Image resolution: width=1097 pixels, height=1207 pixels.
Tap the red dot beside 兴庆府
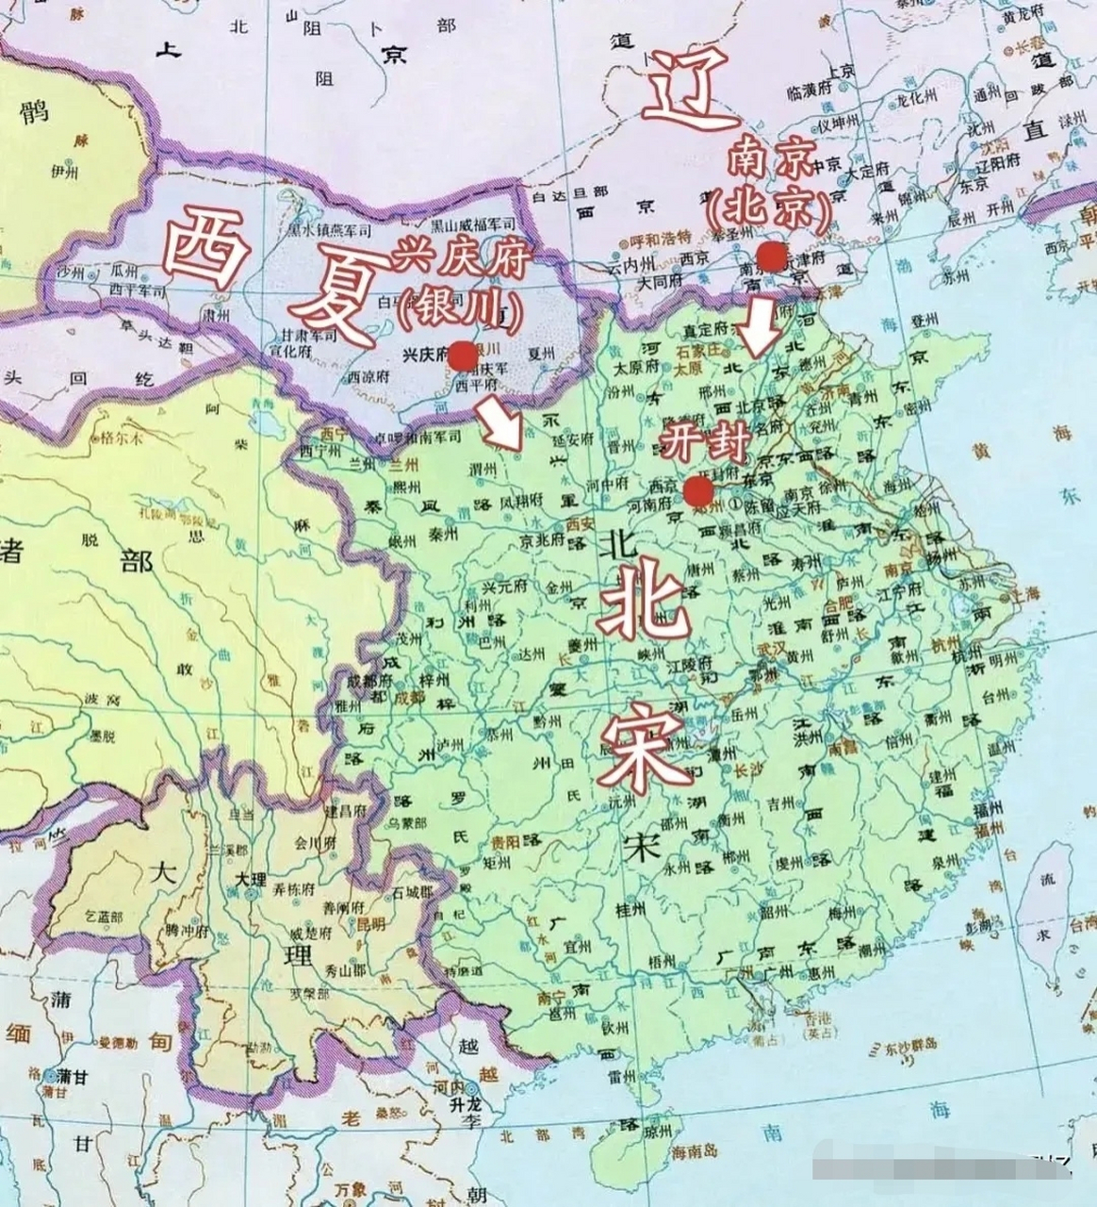462,355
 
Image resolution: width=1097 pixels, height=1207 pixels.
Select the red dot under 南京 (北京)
771,256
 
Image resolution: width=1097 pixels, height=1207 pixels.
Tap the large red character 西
205,247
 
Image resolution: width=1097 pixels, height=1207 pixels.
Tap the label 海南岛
696,1151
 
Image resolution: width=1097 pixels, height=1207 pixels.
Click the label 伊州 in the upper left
68,173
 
